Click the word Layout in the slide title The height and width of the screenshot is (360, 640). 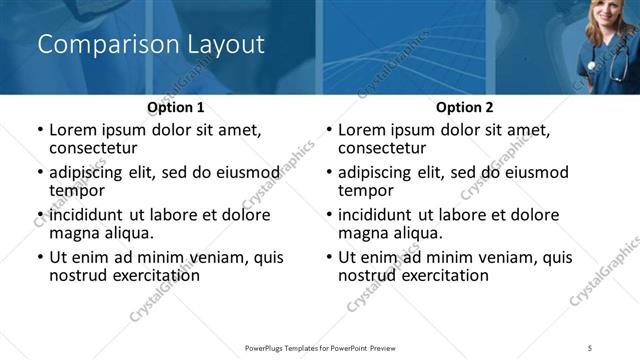click(x=226, y=45)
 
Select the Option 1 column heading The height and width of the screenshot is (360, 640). click(x=176, y=107)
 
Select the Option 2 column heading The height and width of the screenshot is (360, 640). click(x=465, y=107)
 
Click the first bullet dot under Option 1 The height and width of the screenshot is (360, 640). click(x=40, y=130)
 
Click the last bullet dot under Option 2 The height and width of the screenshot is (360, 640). click(x=329, y=258)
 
